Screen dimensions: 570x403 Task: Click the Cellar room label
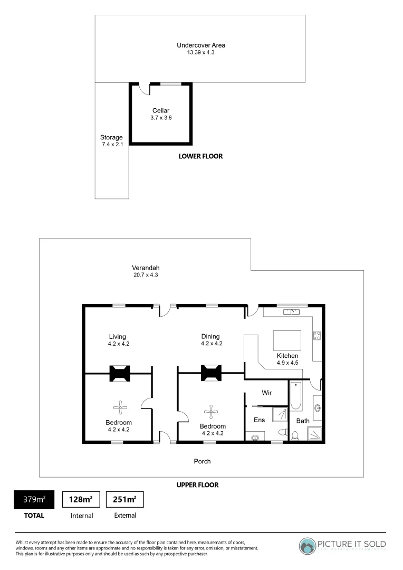pyautogui.click(x=161, y=110)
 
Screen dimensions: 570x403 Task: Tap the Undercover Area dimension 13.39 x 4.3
pyautogui.click(x=200, y=53)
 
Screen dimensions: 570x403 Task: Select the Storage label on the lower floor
pyautogui.click(x=111, y=137)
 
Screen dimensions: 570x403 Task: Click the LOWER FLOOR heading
pyautogui.click(x=200, y=156)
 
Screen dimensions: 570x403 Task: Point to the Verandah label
pyautogui.click(x=146, y=268)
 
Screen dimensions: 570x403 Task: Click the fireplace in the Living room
pyautogui.click(x=120, y=373)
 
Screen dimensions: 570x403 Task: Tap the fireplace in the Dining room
pyautogui.click(x=212, y=373)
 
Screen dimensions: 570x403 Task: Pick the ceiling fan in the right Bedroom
pyautogui.click(x=212, y=410)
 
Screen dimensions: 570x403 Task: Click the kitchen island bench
pyautogui.click(x=287, y=341)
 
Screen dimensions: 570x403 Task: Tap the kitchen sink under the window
pyautogui.click(x=291, y=312)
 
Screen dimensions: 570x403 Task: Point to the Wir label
pyautogui.click(x=267, y=393)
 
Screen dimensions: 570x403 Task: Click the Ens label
pyautogui.click(x=259, y=420)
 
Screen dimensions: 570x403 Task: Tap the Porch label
pyautogui.click(x=202, y=461)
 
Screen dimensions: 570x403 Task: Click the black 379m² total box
pyautogui.click(x=34, y=499)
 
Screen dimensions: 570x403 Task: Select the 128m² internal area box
pyautogui.click(x=81, y=499)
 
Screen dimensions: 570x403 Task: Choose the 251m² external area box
pyautogui.click(x=125, y=499)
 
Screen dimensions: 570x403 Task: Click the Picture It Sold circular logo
pyautogui.click(x=308, y=545)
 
